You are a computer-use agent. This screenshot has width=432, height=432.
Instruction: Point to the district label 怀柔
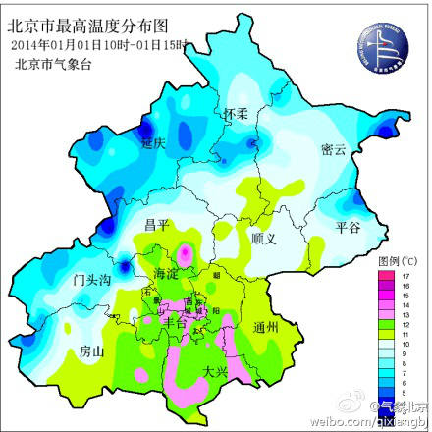coord(238,115)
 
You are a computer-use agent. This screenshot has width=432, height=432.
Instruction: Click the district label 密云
coord(334,149)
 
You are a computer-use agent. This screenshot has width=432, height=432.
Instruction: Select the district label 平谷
coord(350,226)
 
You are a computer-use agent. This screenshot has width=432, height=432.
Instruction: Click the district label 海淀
coord(168,273)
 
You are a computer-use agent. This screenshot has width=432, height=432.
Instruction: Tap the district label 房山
coord(92,350)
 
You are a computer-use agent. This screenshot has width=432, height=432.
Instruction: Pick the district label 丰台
coord(174,320)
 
